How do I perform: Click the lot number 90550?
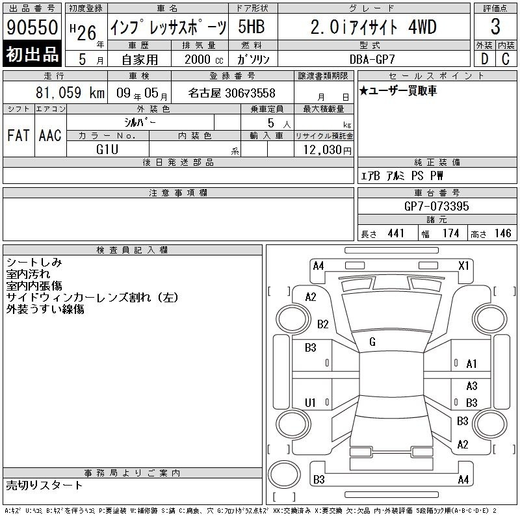pyautogui.click(x=32, y=27)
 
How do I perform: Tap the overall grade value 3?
pyautogui.click(x=495, y=27)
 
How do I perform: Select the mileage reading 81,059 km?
pyautogui.click(x=70, y=92)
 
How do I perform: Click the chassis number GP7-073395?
pyautogui.click(x=436, y=206)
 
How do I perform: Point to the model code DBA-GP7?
pyautogui.click(x=372, y=59)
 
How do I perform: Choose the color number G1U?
pyautogui.click(x=107, y=149)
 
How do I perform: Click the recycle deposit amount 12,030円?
pyautogui.click(x=327, y=149)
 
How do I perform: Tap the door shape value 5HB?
pyautogui.click(x=252, y=27)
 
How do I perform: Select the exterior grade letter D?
pyautogui.click(x=484, y=59)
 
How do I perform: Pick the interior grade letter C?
pyautogui.click(x=506, y=59)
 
